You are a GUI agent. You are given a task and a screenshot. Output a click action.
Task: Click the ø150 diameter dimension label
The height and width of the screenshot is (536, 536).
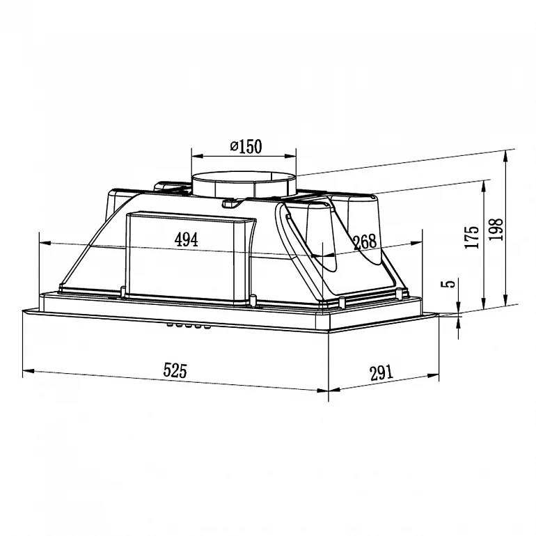244,146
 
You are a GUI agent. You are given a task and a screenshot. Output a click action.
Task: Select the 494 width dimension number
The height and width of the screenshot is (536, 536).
186,240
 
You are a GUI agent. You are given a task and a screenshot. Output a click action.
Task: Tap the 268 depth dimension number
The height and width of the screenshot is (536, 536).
364,242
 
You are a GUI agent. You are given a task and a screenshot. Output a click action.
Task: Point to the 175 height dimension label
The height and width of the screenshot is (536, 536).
473,237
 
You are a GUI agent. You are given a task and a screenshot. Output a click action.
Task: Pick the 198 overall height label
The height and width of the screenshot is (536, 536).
496,228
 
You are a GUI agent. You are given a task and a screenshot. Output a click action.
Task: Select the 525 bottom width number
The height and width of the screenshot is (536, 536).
175,370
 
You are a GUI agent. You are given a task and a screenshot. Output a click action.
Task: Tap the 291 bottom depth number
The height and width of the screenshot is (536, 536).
381,372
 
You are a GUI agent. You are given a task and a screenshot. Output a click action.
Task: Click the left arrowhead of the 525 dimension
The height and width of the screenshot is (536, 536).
26,370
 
